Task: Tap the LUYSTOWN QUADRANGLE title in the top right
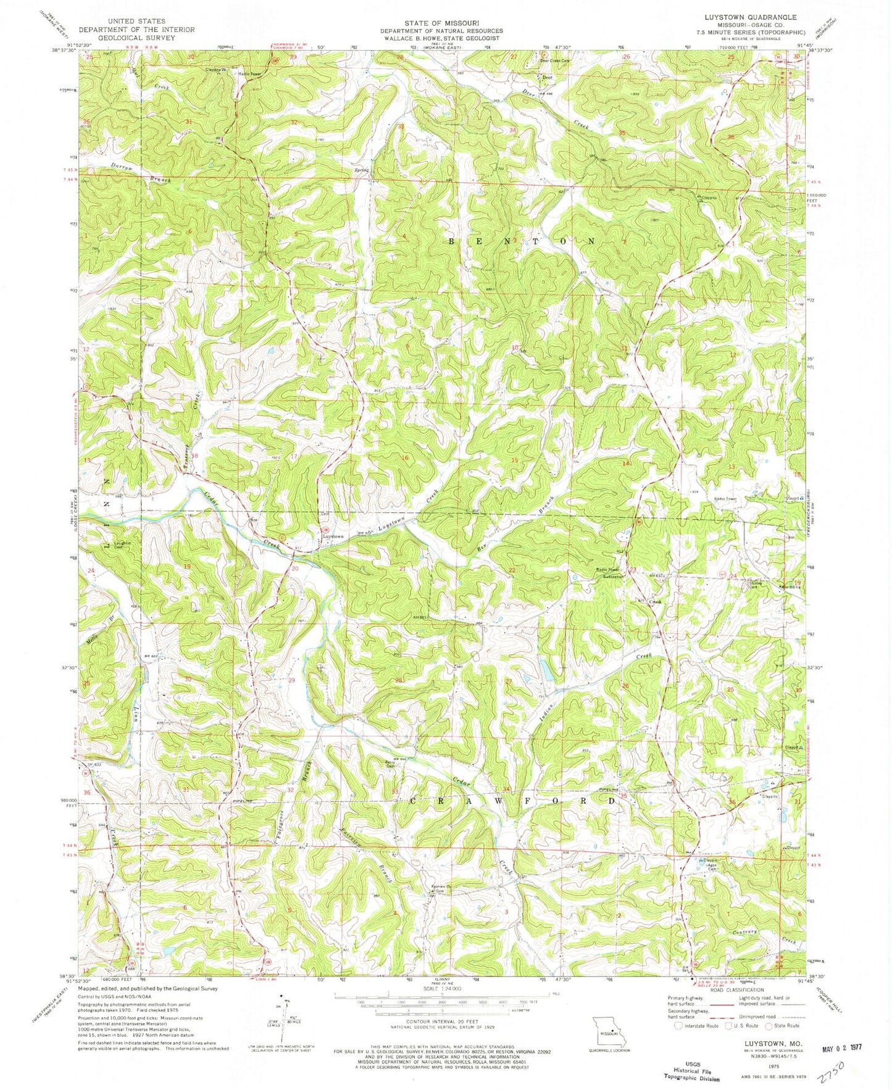tap(763, 17)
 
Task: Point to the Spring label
tap(361, 170)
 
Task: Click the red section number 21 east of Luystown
tap(402, 568)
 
